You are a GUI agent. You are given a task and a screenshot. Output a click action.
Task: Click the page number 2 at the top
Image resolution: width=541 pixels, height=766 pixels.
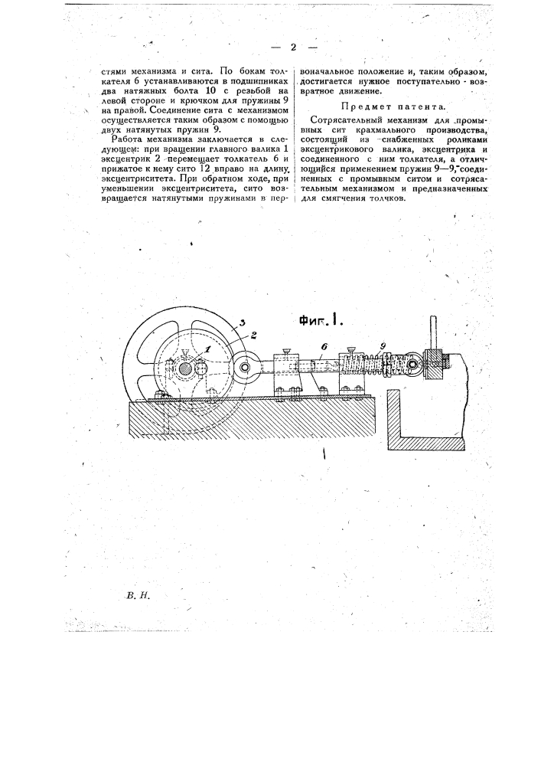tap(293, 47)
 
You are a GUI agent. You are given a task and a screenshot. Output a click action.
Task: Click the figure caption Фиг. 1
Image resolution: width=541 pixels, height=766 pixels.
tap(320, 320)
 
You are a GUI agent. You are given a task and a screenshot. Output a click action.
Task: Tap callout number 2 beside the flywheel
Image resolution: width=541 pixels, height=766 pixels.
tap(254, 335)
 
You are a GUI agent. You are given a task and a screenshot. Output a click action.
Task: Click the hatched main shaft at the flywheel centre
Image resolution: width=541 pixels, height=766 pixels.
tap(185, 369)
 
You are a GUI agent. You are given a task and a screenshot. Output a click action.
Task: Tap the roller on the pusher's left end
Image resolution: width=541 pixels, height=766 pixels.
tap(244, 365)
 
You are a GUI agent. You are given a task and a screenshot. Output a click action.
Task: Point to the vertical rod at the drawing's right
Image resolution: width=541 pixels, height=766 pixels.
tap(432, 333)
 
